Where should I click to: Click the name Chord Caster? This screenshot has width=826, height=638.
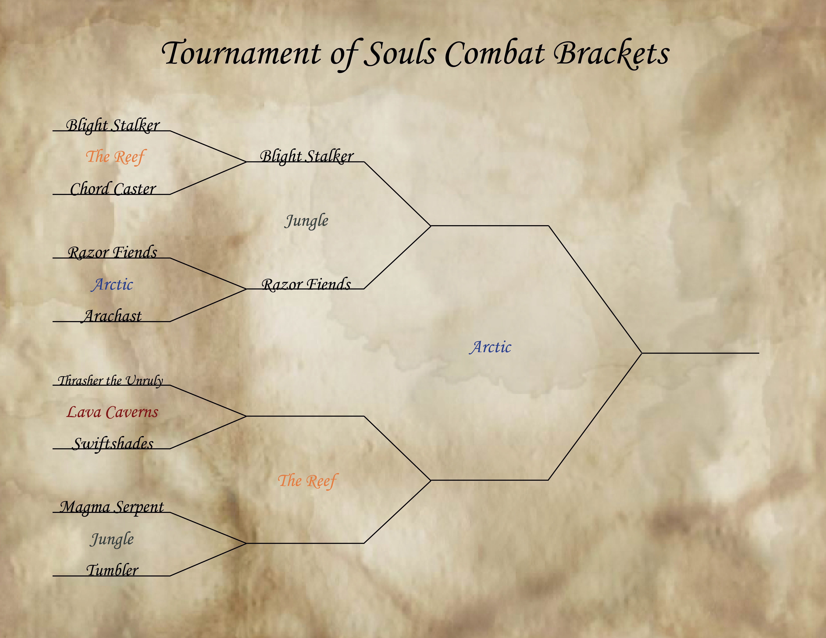click(113, 189)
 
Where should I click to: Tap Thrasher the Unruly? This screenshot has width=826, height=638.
click(110, 380)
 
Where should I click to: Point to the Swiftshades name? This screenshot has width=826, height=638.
click(113, 443)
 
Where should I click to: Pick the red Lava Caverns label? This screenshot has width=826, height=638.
click(112, 412)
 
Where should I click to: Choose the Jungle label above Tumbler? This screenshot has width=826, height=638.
click(112, 539)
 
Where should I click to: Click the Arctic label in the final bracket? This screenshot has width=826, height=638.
click(490, 347)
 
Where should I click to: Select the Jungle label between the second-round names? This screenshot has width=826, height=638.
click(306, 221)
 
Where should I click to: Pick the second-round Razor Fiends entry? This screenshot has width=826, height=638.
click(306, 284)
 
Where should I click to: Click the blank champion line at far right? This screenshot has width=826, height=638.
click(700, 353)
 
